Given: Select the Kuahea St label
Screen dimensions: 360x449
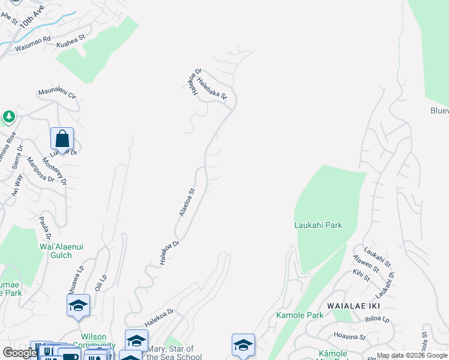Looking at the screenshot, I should [x=71, y=41].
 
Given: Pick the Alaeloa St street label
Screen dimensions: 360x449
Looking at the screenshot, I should [x=187, y=202].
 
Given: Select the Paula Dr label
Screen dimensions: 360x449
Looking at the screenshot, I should [x=44, y=229].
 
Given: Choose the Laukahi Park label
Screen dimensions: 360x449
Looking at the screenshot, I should [x=318, y=225].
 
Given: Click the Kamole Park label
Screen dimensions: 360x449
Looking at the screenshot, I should [x=291, y=315].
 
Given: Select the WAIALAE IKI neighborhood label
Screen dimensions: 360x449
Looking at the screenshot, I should [x=351, y=305].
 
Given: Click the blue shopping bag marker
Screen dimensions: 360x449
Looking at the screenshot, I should [x=62, y=140].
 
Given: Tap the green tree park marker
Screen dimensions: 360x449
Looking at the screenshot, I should [x=9, y=116].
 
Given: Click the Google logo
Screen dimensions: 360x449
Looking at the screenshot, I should [x=20, y=353].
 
